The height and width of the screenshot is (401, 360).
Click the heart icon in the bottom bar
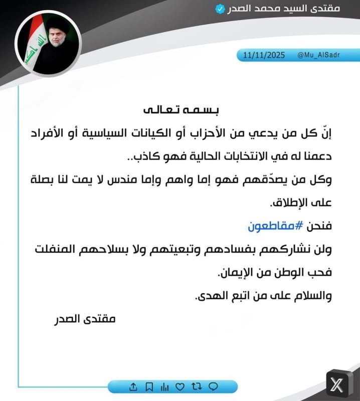[181, 386]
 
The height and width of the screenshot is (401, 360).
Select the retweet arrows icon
[197, 386]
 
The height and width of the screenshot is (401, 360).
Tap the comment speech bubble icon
[213, 386]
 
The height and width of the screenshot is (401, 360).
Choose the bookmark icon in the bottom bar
[149, 386]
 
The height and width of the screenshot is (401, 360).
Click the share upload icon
[133, 386]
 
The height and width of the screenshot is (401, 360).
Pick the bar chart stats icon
[164, 386]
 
